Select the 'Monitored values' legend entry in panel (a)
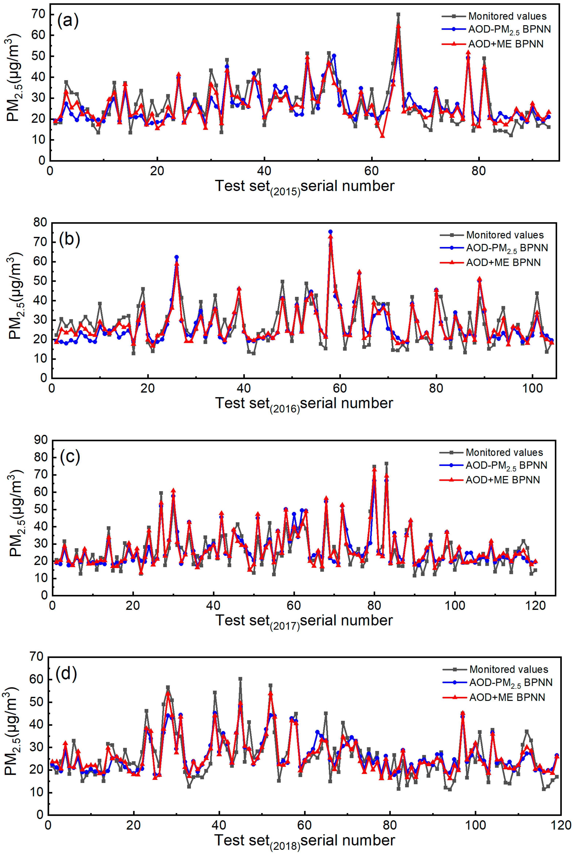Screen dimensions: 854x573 [507, 16]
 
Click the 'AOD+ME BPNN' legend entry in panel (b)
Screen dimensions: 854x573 [503, 263]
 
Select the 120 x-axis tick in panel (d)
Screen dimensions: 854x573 [561, 826]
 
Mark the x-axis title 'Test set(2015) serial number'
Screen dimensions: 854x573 [304, 186]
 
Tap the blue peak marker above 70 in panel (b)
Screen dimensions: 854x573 [330, 232]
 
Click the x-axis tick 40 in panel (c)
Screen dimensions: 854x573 [213, 605]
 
